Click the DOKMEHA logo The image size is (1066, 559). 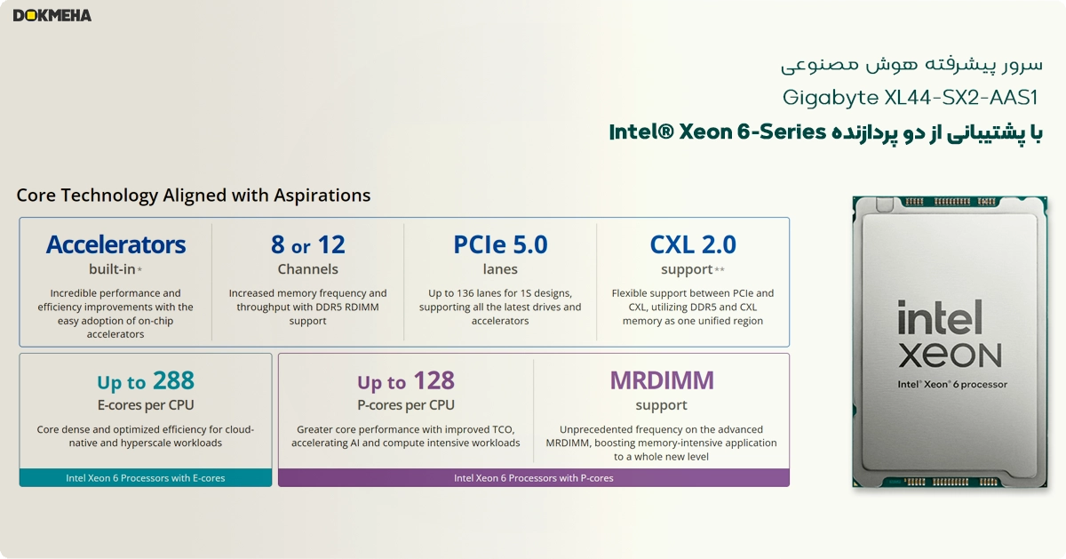coord(52,15)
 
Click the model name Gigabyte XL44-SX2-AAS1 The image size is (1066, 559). coord(911,97)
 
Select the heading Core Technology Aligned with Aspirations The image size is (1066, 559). coord(194,196)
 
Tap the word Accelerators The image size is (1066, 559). coord(115,244)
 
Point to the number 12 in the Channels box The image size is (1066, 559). coord(331,244)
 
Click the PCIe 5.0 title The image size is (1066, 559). coord(500,244)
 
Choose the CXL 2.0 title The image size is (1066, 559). coord(693,244)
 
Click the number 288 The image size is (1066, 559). coord(173,381)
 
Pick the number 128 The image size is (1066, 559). coord(434,381)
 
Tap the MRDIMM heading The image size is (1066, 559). coord(662,380)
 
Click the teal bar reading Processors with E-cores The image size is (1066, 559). coord(146,478)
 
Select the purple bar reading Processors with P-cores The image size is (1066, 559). coord(533,478)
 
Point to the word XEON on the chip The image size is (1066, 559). coord(949,355)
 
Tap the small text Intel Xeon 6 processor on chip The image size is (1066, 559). coord(951,385)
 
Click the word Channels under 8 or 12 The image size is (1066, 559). coord(307,269)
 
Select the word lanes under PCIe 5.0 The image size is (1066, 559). coord(500,269)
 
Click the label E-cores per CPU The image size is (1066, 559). coord(146,405)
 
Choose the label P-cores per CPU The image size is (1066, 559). coord(406,405)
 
